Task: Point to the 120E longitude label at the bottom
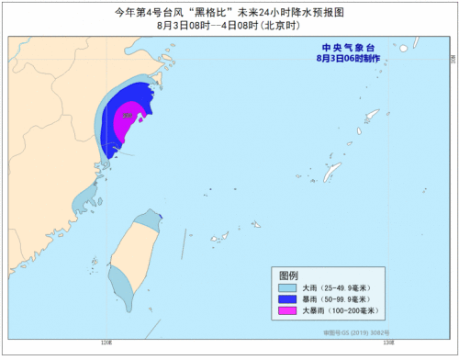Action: point(107,343)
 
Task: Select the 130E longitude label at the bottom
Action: point(388,343)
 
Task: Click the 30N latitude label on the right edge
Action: point(452,57)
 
